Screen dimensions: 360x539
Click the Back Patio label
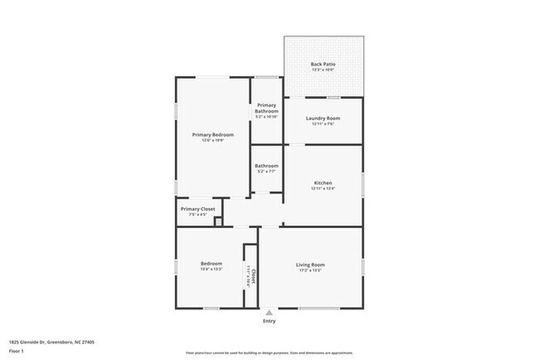click(x=323, y=64)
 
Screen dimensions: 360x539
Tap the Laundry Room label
click(x=323, y=118)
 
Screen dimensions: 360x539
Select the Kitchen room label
click(x=323, y=182)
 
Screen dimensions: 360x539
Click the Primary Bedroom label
click(x=213, y=134)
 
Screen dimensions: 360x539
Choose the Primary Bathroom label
click(x=266, y=108)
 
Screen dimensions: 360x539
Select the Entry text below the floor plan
click(x=269, y=320)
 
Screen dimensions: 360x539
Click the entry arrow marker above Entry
click(x=269, y=312)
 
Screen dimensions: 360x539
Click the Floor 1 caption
click(x=17, y=351)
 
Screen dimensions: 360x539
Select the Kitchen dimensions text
click(x=323, y=188)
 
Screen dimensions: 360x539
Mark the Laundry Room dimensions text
click(x=323, y=124)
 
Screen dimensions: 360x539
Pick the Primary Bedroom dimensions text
click(x=213, y=140)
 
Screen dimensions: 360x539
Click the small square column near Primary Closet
click(x=218, y=221)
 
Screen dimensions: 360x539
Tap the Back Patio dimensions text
click(x=323, y=71)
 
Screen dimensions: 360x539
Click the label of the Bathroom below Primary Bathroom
click(x=266, y=166)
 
